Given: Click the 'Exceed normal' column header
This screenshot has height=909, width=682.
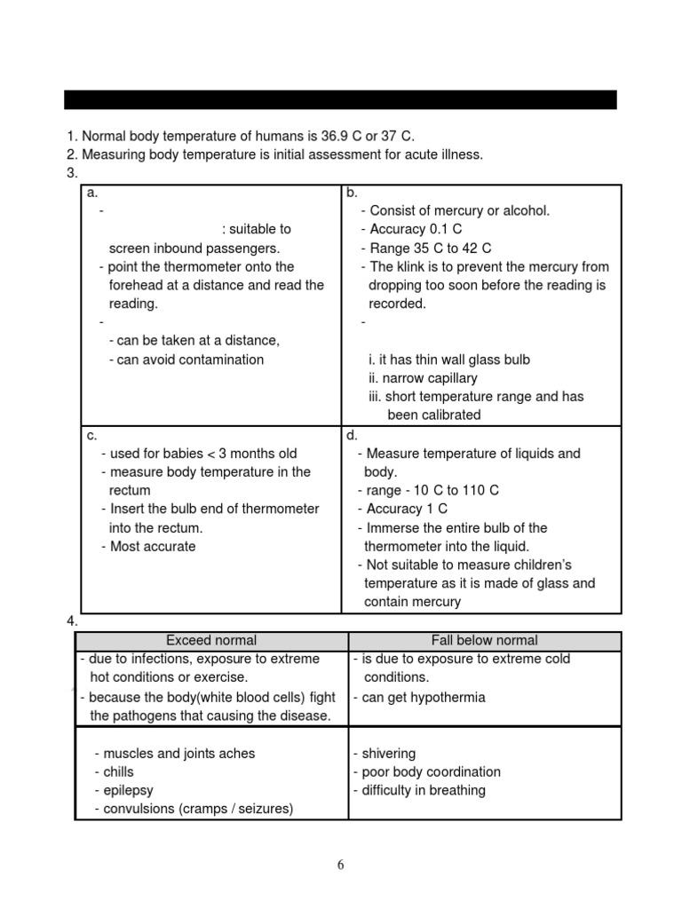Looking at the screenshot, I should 211,640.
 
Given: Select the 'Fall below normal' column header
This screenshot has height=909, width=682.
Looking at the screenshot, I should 484,640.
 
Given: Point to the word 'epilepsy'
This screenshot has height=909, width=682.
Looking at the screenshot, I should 128,790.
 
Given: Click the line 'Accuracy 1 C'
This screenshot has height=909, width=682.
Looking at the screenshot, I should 408,509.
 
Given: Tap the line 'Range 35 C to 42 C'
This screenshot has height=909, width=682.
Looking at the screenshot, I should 430,249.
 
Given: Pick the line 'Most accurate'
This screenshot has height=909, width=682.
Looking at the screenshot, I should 153,547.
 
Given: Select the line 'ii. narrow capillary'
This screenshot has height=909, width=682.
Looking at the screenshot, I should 423,378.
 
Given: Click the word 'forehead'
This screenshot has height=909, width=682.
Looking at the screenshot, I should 135,286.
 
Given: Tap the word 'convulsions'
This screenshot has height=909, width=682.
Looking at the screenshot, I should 138,809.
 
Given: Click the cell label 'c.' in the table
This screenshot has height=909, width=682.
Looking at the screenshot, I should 91,435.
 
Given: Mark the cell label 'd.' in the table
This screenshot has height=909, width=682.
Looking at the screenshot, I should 353,435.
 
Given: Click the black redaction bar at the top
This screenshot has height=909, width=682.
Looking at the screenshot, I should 341,99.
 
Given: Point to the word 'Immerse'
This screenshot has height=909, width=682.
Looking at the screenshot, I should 391,528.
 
